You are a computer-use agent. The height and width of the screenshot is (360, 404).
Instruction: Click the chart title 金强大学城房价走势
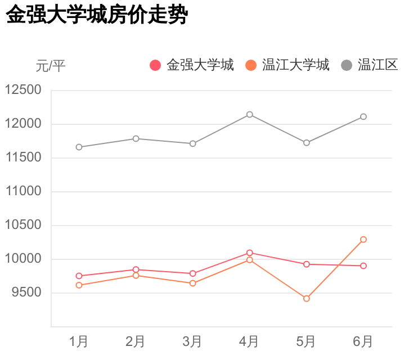coord(96,16)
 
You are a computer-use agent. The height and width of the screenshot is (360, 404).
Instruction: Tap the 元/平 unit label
coord(51,66)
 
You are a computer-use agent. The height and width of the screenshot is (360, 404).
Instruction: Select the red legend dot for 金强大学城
coord(156,65)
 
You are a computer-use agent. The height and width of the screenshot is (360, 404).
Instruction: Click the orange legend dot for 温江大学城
coord(251,65)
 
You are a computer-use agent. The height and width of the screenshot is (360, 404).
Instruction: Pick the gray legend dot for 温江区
coord(347,65)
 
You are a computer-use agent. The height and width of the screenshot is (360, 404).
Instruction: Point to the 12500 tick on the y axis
coord(23,90)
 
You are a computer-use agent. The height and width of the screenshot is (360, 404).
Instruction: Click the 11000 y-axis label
coord(23,191)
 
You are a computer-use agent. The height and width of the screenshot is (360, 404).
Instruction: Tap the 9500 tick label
coord(26,292)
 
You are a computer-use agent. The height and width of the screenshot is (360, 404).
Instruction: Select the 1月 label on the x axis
coord(79,341)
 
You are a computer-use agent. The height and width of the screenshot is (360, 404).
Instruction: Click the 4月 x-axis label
coord(249,341)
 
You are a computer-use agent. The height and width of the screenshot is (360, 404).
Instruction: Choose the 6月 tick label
coord(363,341)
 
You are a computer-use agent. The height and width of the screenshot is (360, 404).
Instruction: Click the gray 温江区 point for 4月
coord(249,115)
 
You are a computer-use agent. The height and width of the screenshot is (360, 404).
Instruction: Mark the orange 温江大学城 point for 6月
coord(363,240)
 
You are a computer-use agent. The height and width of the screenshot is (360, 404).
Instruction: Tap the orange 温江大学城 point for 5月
coord(306,299)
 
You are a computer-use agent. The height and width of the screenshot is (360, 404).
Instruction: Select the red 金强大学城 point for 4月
coord(249,253)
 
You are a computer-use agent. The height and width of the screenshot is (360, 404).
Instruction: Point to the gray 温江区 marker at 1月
coord(79,147)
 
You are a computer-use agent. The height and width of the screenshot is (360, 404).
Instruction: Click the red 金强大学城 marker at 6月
coord(363,265)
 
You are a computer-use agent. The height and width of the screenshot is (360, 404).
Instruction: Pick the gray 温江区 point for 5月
coord(306,143)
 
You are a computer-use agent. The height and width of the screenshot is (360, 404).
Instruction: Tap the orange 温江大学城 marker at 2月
coord(136,276)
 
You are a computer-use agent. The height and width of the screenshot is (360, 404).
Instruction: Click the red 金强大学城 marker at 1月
coord(79,276)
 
